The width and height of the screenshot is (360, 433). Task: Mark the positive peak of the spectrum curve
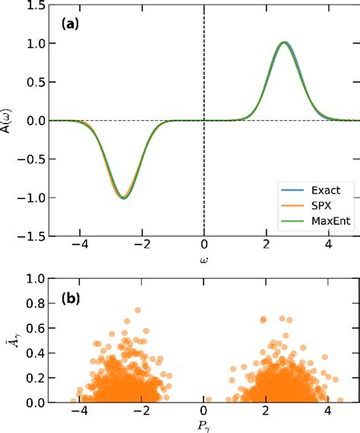pos(284,43)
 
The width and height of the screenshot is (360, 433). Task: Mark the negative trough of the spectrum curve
pos(123,198)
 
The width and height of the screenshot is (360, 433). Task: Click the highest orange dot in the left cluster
pos(137,311)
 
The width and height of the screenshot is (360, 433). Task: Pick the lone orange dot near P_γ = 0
pos(207,399)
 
